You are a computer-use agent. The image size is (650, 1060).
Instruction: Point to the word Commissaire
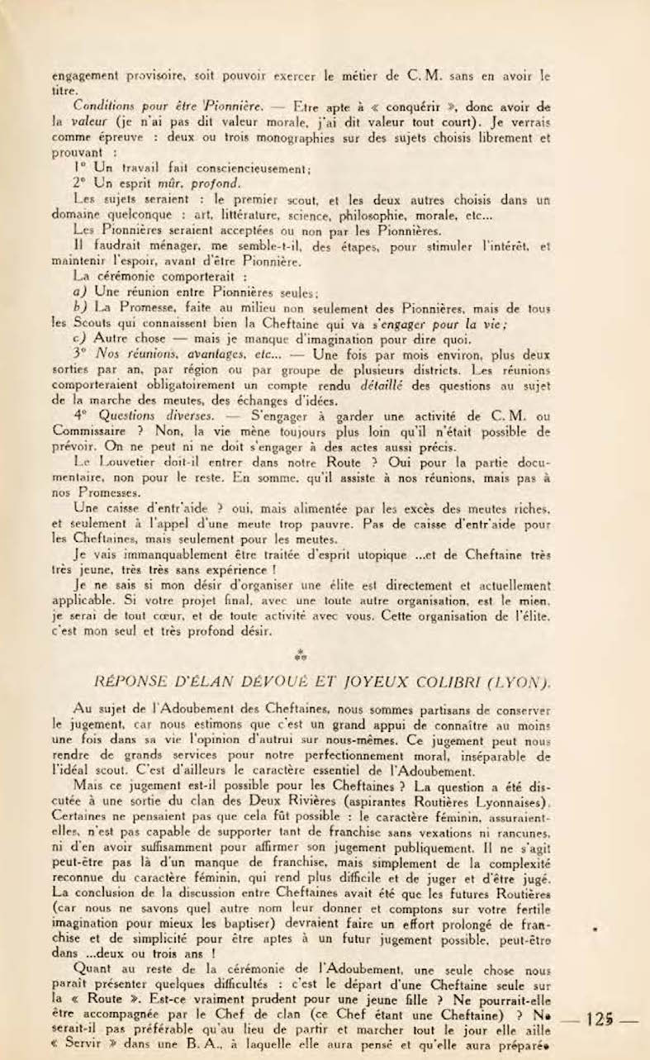[91, 430]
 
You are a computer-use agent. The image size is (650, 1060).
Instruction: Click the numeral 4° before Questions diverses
[80, 416]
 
